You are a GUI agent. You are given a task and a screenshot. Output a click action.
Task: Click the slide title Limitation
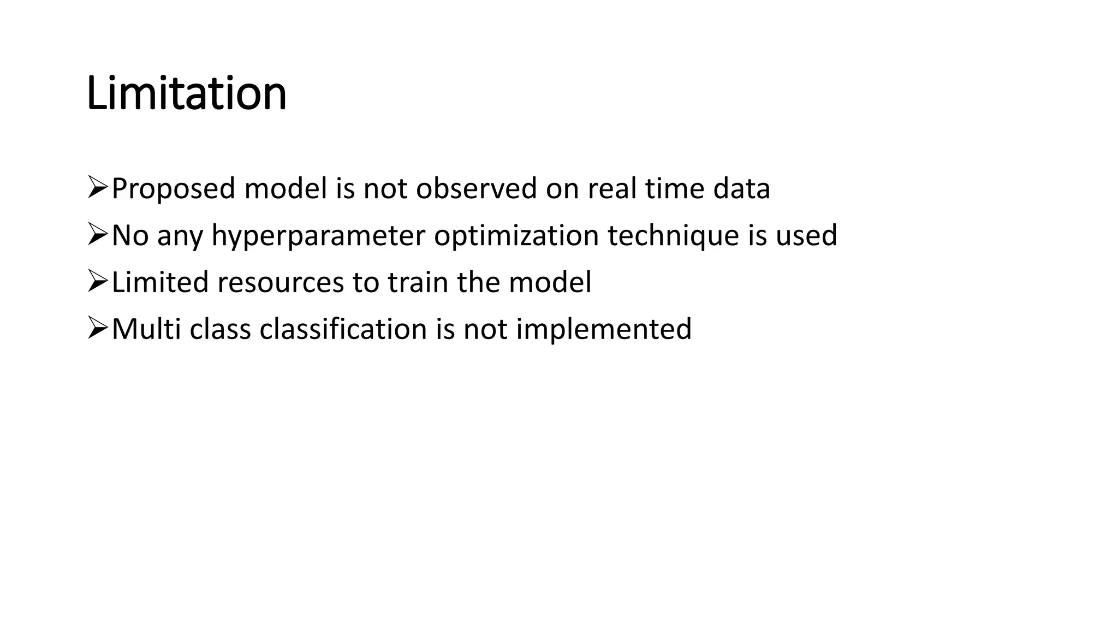[186, 93]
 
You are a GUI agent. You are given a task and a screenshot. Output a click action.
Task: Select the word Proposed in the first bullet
[173, 189]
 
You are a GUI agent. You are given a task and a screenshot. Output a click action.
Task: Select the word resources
[281, 283]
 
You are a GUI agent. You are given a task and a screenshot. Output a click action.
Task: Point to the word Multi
[146, 329]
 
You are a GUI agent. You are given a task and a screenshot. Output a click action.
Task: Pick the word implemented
[604, 329]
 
